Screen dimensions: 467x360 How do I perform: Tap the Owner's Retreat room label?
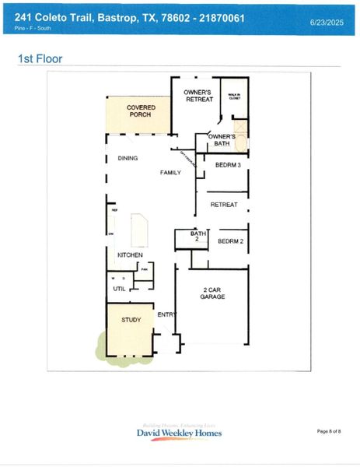(198, 96)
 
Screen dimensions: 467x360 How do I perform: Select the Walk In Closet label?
(234, 97)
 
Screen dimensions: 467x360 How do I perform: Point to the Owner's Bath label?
(220, 140)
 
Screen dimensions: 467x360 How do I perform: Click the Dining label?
(128, 158)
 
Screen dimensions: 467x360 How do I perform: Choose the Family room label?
(170, 172)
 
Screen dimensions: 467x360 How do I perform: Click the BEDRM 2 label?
(230, 241)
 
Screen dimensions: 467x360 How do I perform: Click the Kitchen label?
(130, 255)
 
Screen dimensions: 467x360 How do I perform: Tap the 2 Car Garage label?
(213, 293)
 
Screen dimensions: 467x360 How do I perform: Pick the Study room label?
(131, 320)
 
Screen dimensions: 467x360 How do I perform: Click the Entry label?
(166, 314)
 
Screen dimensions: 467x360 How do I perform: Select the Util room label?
(119, 288)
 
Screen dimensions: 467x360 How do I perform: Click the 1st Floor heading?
(40, 58)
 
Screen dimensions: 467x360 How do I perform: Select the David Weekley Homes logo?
(179, 432)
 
